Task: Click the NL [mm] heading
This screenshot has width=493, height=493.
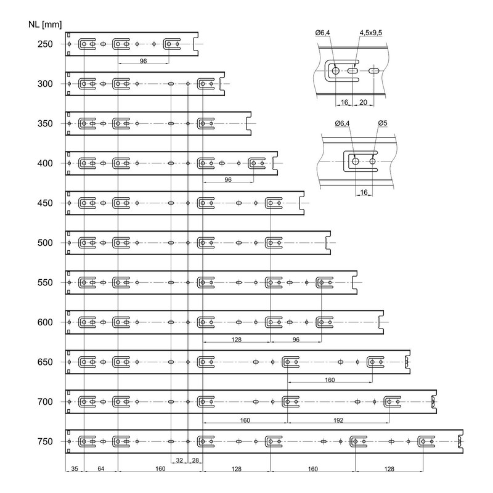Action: click(x=45, y=25)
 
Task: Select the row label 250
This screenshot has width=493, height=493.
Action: click(x=45, y=44)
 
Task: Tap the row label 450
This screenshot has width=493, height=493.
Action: click(x=45, y=203)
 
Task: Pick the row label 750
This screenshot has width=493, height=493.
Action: click(x=45, y=441)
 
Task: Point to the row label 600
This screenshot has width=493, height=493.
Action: click(x=45, y=322)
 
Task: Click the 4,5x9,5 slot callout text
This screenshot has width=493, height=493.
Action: click(x=371, y=33)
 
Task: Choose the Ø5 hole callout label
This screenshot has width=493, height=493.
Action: click(x=383, y=123)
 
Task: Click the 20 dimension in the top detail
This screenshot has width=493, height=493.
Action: click(x=363, y=102)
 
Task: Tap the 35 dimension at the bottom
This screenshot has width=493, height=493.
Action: click(x=75, y=469)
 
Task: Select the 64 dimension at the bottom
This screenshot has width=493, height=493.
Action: click(x=100, y=469)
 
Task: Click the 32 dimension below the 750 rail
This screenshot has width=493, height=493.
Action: click(x=179, y=460)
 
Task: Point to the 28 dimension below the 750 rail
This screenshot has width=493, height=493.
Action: click(x=195, y=460)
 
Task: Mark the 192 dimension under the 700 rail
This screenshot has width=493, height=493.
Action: click(x=338, y=420)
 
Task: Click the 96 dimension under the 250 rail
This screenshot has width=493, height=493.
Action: click(x=144, y=61)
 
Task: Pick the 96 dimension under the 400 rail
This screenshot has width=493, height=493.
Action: click(x=228, y=179)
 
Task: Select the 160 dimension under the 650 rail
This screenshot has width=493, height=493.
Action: click(x=330, y=380)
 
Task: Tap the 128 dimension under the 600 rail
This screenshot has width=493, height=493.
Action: click(x=236, y=340)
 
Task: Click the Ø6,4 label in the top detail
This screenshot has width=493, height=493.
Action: click(x=322, y=33)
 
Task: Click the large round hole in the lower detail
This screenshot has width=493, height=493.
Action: click(x=356, y=161)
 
